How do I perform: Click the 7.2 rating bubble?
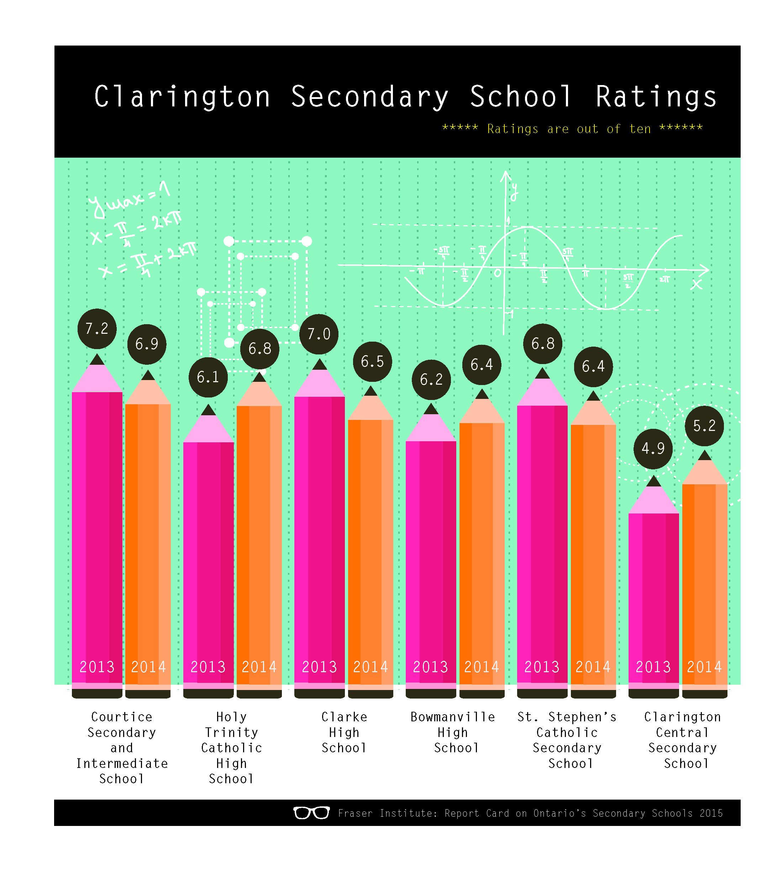tap(97, 329)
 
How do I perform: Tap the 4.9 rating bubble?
tap(653, 449)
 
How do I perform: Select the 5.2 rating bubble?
tap(704, 426)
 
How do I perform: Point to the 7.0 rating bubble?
tap(319, 334)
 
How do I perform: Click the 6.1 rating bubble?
tap(208, 377)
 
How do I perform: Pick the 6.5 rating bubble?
tap(372, 361)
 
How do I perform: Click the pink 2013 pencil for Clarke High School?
tap(319, 538)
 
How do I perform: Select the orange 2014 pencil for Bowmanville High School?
tap(482, 551)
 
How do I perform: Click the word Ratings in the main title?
tap(656, 97)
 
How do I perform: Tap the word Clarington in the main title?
tap(183, 97)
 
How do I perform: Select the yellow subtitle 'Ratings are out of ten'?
tap(572, 128)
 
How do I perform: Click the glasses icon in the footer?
tap(311, 813)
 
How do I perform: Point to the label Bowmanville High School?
tap(453, 732)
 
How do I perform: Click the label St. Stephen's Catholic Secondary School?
tap(567, 740)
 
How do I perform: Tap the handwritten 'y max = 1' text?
tap(129, 200)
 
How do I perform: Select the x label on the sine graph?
tap(696, 284)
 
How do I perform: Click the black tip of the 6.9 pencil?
tap(148, 375)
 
